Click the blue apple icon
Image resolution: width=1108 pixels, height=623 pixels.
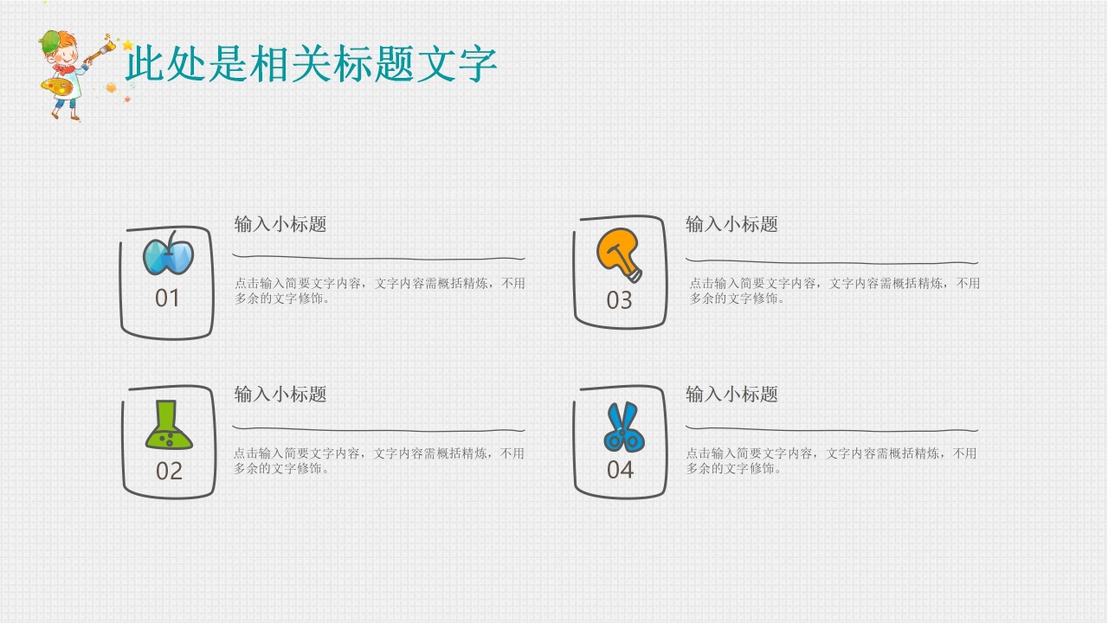tap(168, 255)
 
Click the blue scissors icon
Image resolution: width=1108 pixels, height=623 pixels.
tap(622, 427)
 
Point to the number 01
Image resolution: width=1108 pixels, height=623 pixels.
tap(167, 299)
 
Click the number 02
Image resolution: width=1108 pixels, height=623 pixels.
tap(169, 472)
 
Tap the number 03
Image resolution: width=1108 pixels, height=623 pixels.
tap(619, 301)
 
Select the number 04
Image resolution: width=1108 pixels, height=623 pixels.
tap(620, 471)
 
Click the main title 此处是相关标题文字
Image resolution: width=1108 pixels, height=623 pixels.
tap(311, 64)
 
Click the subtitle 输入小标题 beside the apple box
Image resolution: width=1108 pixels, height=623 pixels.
tap(280, 224)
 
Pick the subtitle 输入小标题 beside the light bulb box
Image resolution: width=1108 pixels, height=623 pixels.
tap(731, 224)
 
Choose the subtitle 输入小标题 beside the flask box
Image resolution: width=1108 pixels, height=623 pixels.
tap(280, 394)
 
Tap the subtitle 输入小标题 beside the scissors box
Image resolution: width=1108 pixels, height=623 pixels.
tap(731, 394)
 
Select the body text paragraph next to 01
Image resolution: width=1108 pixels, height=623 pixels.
tap(379, 291)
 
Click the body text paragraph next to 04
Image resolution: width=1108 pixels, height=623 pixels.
tap(831, 460)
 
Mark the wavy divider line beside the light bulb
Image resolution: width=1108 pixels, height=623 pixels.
tap(831, 261)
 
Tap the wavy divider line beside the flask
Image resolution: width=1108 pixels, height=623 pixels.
tap(379, 429)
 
